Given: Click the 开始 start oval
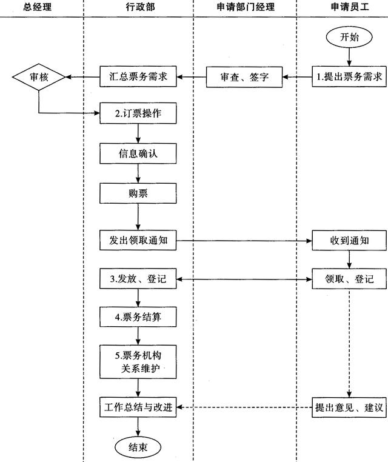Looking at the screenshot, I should pyautogui.click(x=349, y=38).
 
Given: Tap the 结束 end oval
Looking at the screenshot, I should pyautogui.click(x=139, y=448).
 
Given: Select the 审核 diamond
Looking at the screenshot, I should pyautogui.click(x=39, y=77).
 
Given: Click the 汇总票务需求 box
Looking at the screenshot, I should pyautogui.click(x=138, y=77).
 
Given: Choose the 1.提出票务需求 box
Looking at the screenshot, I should pyautogui.click(x=349, y=77).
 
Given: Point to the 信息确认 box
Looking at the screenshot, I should pyautogui.click(x=138, y=154).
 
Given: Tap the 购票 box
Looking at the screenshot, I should pyautogui.click(x=138, y=193).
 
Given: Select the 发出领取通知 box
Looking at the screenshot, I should pyautogui.click(x=138, y=241).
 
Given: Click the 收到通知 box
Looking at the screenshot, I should pyautogui.click(x=349, y=241).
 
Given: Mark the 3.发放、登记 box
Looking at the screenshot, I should pyautogui.click(x=138, y=280).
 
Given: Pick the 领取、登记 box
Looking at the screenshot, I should pyautogui.click(x=349, y=280).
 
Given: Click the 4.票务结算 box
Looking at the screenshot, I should pyautogui.click(x=138, y=316).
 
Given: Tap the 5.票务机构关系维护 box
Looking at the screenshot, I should pyautogui.click(x=138, y=362).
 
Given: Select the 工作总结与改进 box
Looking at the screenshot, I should pyautogui.click(x=138, y=407).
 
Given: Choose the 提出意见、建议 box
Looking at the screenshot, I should pyautogui.click(x=349, y=407).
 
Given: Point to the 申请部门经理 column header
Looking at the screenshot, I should pyautogui.click(x=245, y=7).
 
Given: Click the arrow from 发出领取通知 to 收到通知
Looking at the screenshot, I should pyautogui.click(x=242, y=241).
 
